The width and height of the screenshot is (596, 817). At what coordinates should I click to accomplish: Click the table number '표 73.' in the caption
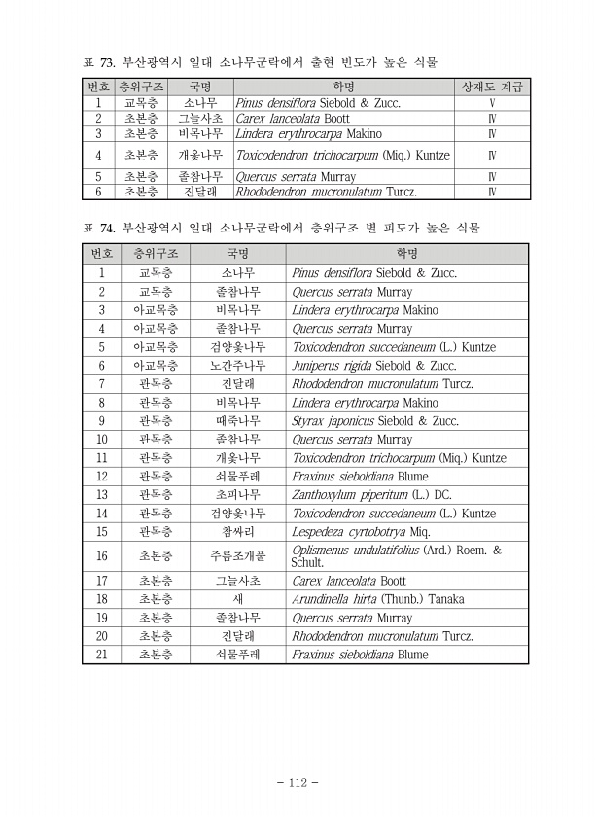(99, 63)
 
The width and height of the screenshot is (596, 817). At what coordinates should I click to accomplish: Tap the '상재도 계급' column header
(492, 87)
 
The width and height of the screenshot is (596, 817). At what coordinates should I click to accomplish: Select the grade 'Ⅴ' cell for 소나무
(492, 102)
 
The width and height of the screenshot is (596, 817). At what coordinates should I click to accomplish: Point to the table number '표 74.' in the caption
(99, 229)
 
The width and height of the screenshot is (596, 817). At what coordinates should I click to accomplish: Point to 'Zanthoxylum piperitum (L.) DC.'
(371, 495)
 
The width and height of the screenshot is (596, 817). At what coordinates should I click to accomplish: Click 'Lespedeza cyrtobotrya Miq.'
(361, 532)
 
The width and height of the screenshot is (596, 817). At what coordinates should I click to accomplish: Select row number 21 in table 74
(101, 655)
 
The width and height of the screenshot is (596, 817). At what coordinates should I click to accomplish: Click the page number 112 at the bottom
(298, 783)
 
